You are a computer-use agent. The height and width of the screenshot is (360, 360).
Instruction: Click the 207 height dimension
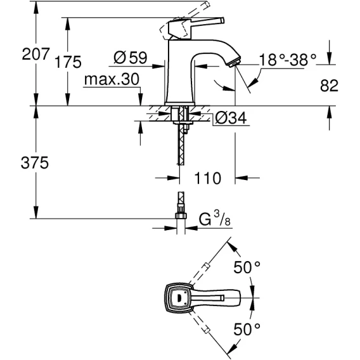(36, 54)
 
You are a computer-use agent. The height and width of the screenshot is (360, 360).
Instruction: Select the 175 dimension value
(68, 61)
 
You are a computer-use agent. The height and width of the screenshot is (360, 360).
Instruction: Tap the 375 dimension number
(35, 162)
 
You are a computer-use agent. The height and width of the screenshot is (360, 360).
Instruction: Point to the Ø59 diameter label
(130, 58)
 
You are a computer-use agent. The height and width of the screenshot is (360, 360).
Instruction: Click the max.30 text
(112, 79)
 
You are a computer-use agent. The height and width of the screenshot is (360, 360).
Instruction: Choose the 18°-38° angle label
(288, 60)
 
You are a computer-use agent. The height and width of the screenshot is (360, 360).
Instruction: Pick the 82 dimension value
(329, 86)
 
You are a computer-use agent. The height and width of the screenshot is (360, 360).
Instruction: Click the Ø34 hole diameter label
(231, 118)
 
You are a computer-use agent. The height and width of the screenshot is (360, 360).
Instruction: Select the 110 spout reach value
(207, 178)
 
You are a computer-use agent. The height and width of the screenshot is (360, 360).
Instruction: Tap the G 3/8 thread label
(214, 219)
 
